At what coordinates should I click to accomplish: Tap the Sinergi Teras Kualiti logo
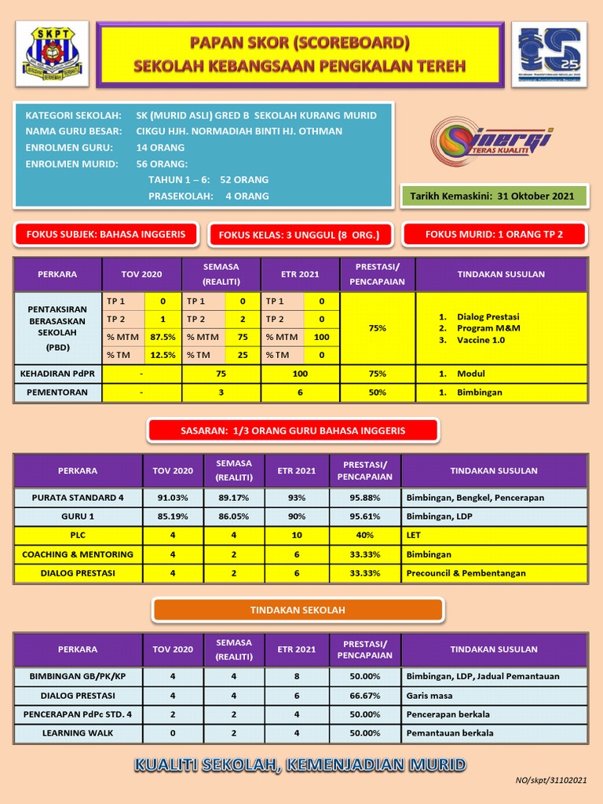(491, 142)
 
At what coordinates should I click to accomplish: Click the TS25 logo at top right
(548, 54)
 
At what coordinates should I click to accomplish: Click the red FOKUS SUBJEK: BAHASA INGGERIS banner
(106, 234)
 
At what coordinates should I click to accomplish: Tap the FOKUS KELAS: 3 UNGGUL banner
(298, 235)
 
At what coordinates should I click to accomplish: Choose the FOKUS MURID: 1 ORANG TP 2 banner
(494, 234)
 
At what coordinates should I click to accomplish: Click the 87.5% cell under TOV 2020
(163, 337)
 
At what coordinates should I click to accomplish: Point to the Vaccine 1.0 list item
(482, 340)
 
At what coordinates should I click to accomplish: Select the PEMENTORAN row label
(57, 392)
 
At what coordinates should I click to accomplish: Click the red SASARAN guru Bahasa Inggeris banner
(292, 430)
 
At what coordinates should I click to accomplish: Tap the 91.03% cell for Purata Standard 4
(172, 498)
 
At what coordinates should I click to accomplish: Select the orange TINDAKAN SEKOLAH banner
(298, 610)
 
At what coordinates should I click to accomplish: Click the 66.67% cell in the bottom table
(364, 696)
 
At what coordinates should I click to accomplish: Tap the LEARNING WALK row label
(78, 733)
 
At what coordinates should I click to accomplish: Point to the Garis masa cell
(429, 696)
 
